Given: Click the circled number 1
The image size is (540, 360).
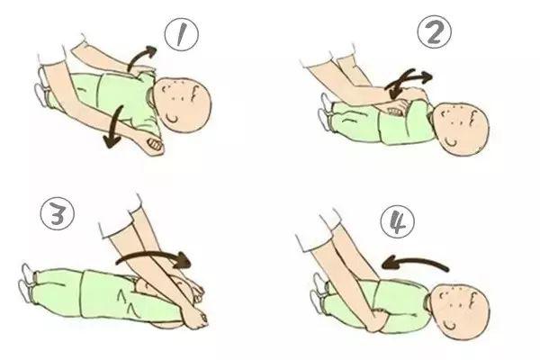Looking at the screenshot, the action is [x=182, y=35].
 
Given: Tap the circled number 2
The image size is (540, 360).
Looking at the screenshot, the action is [x=435, y=32].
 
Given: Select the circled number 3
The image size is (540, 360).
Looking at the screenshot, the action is [x=58, y=213].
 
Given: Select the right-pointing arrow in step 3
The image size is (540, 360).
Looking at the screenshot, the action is [x=155, y=256].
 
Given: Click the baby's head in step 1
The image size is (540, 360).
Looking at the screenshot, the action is [x=183, y=104].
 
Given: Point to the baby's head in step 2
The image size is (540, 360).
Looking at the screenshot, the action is [x=460, y=128].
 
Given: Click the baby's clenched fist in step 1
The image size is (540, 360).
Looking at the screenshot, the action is [x=154, y=144].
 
